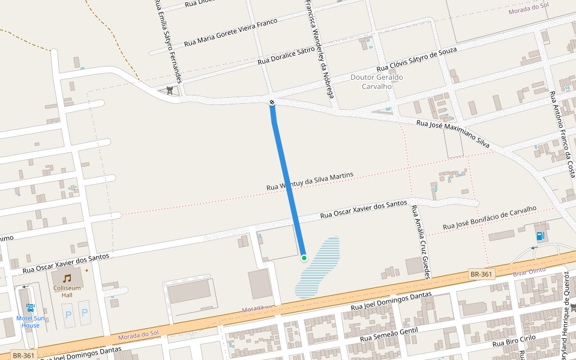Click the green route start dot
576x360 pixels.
304,258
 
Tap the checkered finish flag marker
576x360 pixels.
272,103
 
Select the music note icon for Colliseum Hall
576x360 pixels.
67,278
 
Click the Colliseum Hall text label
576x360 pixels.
67,291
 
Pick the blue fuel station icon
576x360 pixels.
541,235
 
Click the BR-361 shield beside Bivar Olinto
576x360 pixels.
481,274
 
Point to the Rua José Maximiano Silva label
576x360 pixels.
453,134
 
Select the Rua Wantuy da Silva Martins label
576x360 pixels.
310,182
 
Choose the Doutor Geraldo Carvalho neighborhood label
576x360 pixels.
376,82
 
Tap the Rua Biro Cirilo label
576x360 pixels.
514,341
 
